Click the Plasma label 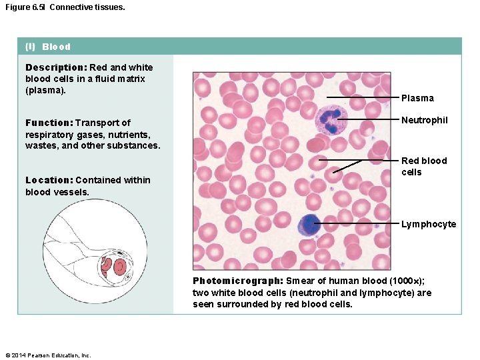click(x=417, y=98)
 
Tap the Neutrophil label click(x=424, y=120)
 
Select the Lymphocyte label click(x=429, y=224)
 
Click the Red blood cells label click(x=423, y=166)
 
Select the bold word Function click(x=49, y=123)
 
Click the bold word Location click(x=49, y=180)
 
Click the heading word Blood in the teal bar click(x=56, y=47)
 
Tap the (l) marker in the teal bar click(x=30, y=47)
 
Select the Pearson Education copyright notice click(x=47, y=355)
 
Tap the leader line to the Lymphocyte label click(x=360, y=223)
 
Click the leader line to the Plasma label click(x=363, y=98)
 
